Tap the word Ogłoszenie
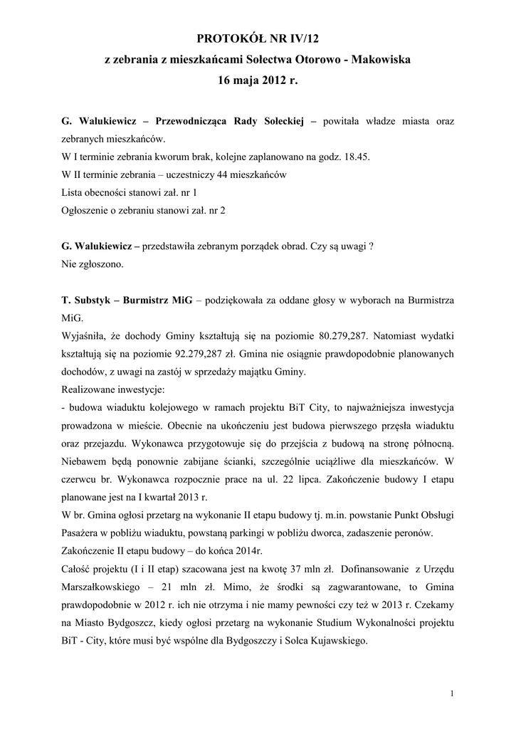(x=88, y=210)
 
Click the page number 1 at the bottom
(x=453, y=693)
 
